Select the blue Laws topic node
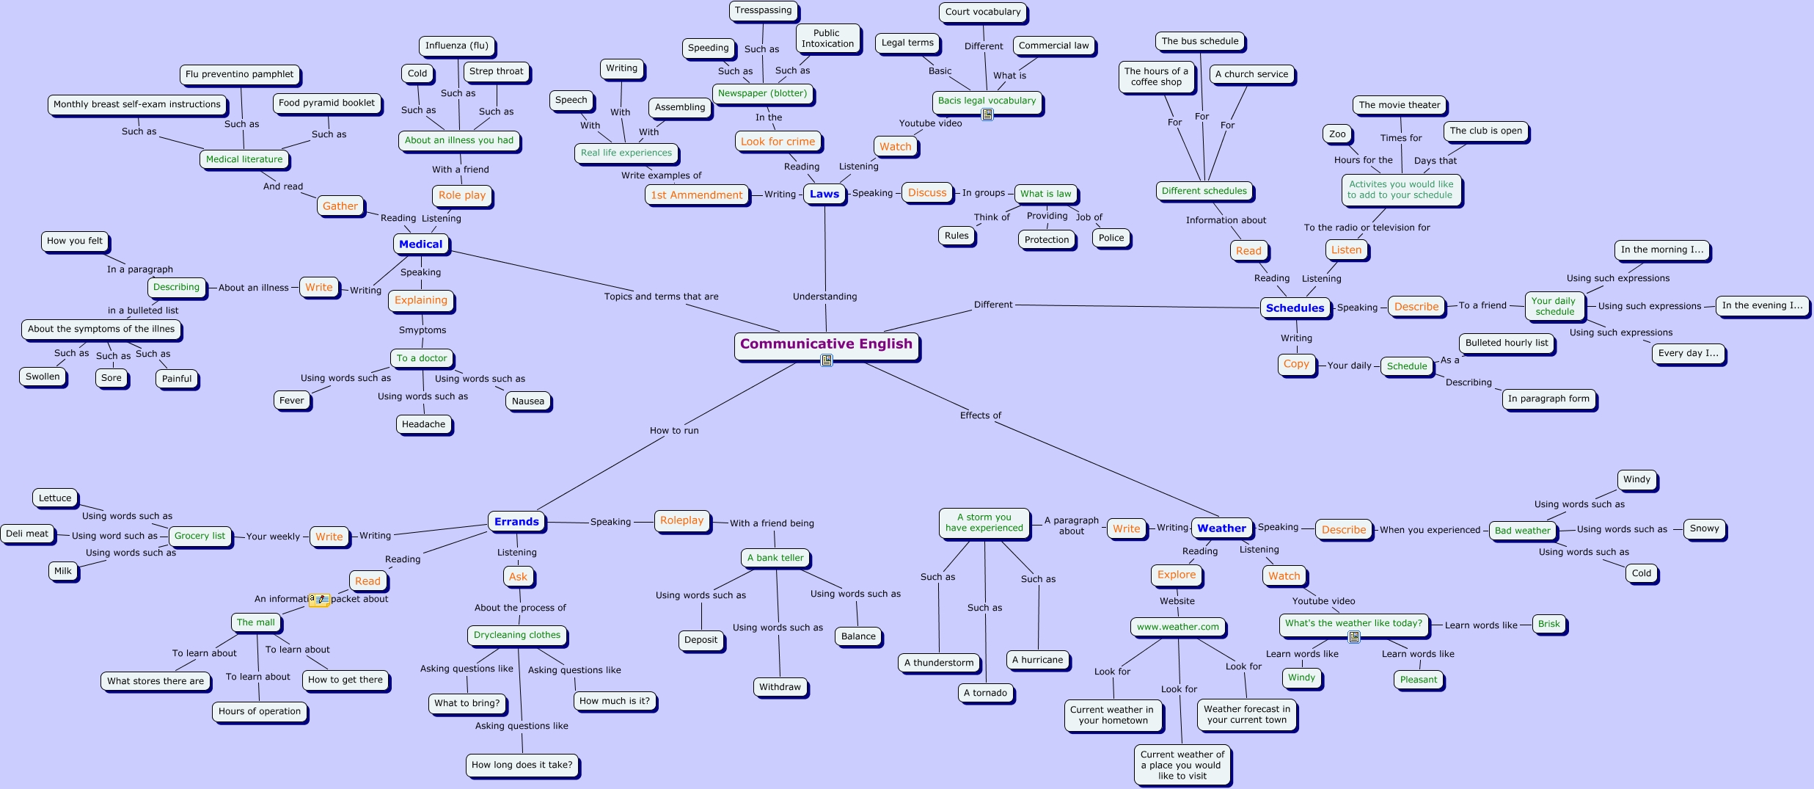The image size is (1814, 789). pos(824,194)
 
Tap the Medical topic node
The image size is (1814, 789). pos(421,244)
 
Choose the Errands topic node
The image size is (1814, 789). pos(516,521)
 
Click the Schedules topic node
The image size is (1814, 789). pos(1295,308)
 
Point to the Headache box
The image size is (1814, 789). pos(423,424)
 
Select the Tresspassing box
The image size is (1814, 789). pos(763,10)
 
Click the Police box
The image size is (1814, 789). pos(1111,238)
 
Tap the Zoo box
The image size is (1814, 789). pos(1337,134)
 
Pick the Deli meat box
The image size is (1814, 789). pos(27,534)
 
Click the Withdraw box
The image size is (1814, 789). pos(780,687)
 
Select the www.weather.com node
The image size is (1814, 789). pos(1177,627)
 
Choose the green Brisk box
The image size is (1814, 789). pos(1548,624)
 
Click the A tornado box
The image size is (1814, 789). pos(985,693)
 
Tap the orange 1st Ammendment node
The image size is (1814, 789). pos(697,194)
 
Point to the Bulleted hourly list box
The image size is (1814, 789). pos(1507,343)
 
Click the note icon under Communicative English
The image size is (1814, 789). pos(827,360)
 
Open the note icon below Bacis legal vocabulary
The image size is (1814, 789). pos(987,114)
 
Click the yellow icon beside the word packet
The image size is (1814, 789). pos(319,600)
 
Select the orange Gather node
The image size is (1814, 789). pos(340,206)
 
